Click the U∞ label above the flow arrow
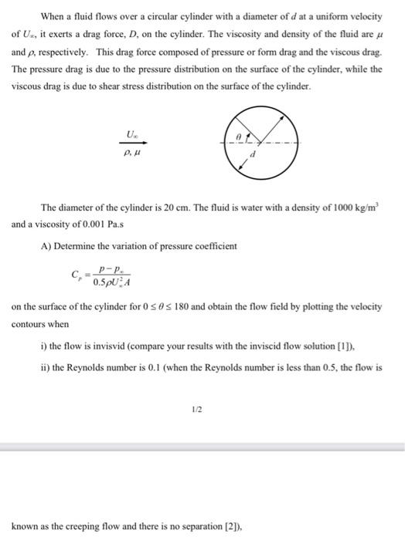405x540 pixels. (x=134, y=135)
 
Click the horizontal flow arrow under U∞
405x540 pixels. (x=134, y=143)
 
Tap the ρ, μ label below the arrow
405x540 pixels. (x=134, y=154)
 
